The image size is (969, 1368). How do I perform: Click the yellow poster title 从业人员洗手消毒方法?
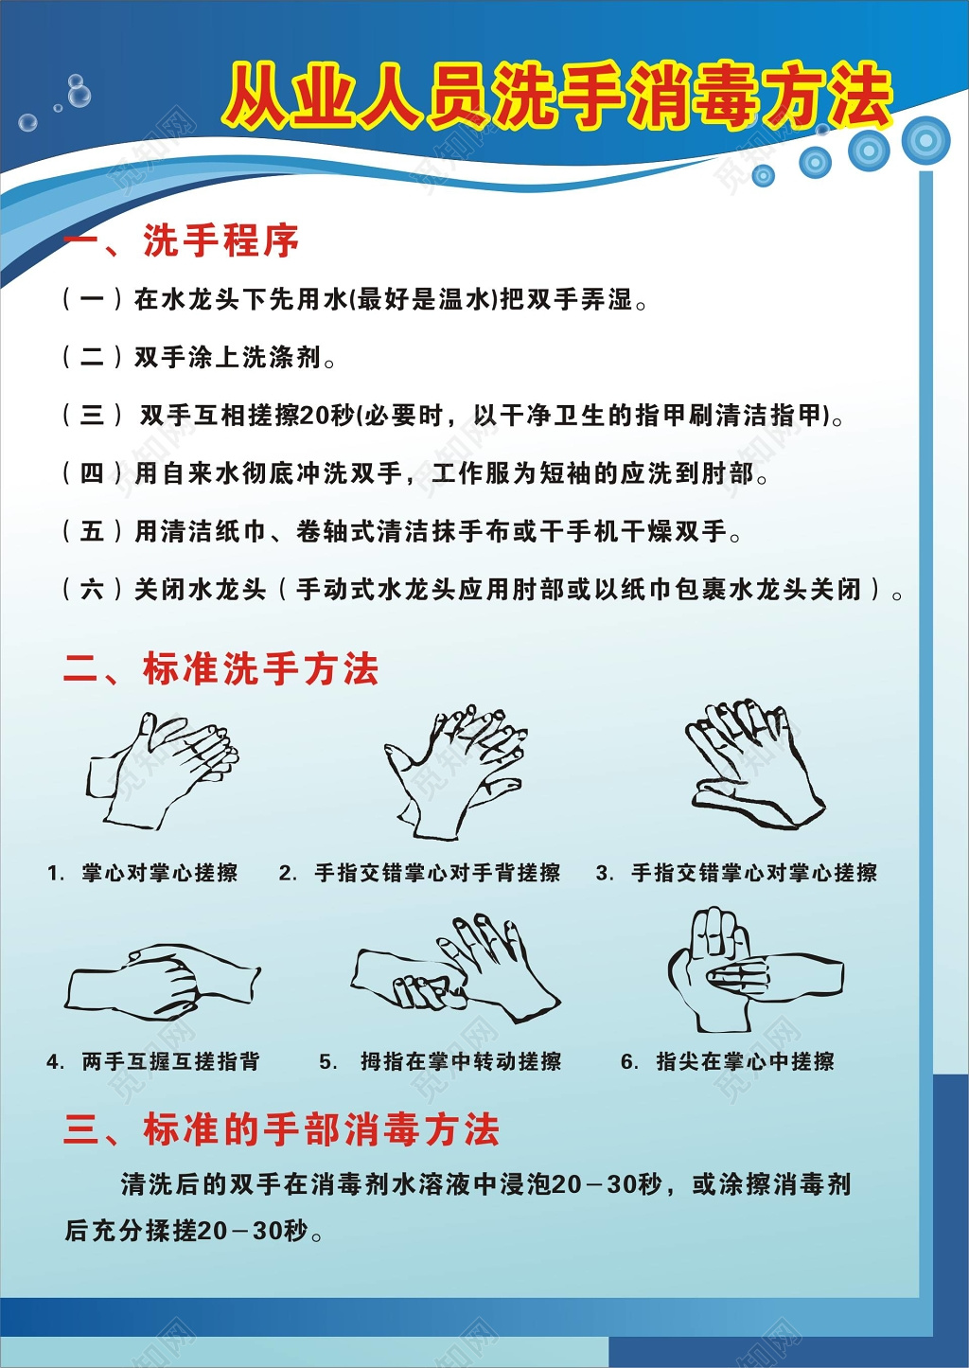(558, 96)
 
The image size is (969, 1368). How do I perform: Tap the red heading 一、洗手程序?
(181, 241)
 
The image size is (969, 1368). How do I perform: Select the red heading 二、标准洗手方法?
(220, 669)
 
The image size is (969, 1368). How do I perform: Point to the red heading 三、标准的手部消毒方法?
(281, 1129)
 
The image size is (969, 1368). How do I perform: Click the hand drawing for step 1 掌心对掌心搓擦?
(163, 771)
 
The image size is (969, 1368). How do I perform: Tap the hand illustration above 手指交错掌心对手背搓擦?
(455, 771)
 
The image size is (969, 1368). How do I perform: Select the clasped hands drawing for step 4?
(162, 982)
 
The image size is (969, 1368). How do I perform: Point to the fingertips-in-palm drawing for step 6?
(752, 971)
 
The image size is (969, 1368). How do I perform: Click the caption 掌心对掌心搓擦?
(159, 873)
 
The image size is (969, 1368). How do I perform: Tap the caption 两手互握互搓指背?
(170, 1061)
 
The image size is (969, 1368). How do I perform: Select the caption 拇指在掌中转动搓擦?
(460, 1061)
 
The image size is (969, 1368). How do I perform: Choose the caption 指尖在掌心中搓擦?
(745, 1061)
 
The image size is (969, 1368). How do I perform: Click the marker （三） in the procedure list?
(92, 415)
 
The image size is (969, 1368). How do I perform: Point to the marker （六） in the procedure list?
(92, 589)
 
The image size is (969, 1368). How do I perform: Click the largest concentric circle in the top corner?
(925, 140)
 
